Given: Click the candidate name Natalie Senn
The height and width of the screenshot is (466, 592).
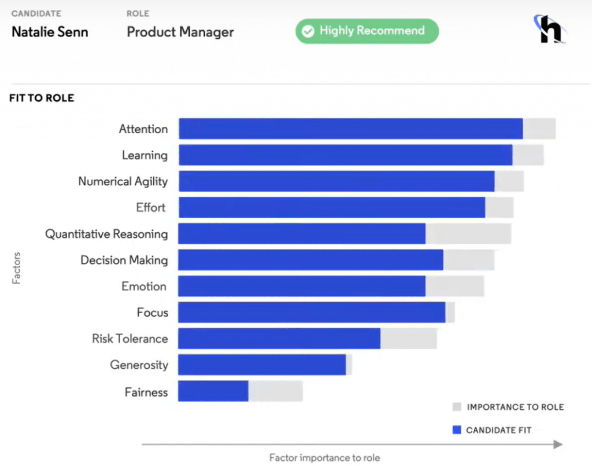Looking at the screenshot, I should coord(50,31).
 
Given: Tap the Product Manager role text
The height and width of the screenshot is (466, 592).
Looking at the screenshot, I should coord(180,31).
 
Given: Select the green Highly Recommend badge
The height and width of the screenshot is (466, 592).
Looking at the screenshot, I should coord(367,31).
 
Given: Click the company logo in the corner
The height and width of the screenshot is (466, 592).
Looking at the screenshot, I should coord(549,30).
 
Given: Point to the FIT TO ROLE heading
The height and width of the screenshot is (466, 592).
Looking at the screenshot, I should coord(42,98).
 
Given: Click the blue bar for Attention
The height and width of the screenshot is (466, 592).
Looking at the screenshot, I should coord(350,129).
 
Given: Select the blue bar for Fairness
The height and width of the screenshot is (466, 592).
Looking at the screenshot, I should coord(213,391).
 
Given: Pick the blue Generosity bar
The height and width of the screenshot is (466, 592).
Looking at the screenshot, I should coord(261,365).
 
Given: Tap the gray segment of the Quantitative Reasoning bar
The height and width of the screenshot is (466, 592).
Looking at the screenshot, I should coord(468,233).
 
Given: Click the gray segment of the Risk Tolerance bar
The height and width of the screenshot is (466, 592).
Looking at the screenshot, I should coord(408,339).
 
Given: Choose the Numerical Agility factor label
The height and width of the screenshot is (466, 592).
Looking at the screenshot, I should coord(123,181).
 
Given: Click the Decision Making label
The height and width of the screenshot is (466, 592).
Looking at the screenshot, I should coord(124,260).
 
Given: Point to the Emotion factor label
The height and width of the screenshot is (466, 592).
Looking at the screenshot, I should coord(144,286).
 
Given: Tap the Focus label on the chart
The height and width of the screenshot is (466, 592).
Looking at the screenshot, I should coord(153,313).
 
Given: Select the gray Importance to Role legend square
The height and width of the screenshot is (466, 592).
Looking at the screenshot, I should coord(457,406).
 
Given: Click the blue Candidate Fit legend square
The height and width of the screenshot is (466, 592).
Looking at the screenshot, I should coord(457,430).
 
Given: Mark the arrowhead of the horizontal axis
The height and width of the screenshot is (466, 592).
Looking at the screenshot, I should coord(557,445).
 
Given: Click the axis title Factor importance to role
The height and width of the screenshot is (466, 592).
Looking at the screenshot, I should coord(324,458).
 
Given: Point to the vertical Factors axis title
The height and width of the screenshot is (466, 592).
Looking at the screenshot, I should coord(16,267).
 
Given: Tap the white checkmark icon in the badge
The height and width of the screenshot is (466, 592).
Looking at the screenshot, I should coord(309,31).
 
